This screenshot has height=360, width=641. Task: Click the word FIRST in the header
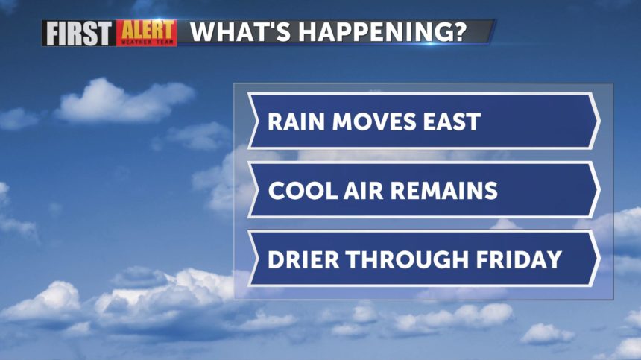79,33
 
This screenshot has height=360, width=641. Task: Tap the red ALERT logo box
147,33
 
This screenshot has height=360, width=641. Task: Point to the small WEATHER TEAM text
147,42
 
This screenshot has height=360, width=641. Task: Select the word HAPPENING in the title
369,31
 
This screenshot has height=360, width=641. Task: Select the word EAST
452,121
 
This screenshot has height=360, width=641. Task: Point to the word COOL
303,191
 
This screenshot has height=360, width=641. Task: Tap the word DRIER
303,259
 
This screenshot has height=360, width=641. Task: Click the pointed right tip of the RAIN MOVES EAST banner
599,121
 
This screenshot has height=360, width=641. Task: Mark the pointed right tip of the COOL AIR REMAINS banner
599,190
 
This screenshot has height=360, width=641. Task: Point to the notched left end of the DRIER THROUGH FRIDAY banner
258,259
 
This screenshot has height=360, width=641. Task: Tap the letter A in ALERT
128,31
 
